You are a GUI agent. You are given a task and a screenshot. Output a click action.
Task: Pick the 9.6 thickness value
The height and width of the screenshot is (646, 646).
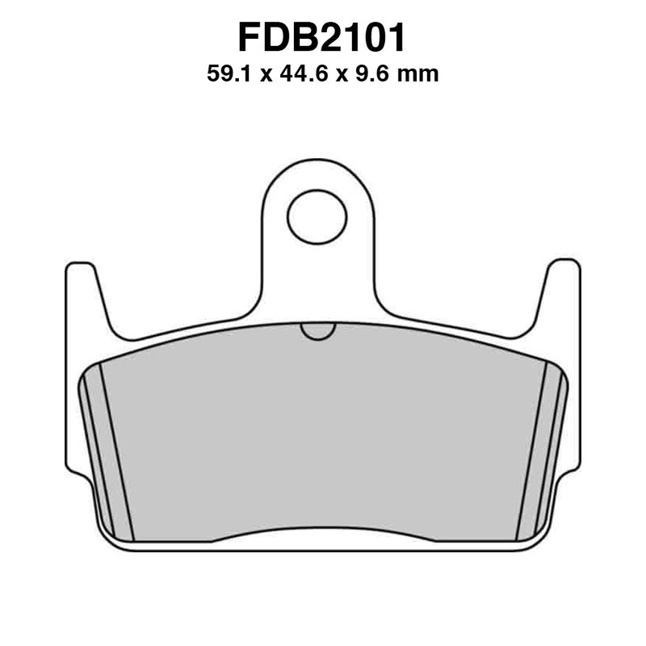click(x=368, y=75)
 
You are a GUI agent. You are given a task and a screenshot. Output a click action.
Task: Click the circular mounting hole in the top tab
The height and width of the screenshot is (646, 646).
click(x=317, y=217)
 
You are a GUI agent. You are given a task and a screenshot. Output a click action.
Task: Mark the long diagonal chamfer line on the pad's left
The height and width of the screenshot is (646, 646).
click(x=115, y=452)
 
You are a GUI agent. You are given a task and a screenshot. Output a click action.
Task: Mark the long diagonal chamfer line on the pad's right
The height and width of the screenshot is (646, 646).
click(x=531, y=452)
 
